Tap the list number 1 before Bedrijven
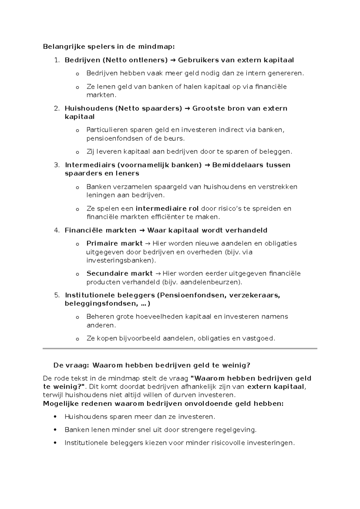[x=56, y=60]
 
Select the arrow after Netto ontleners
[x=173, y=60]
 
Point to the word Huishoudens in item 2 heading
[x=88, y=108]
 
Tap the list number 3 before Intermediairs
[x=56, y=165]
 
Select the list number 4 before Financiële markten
[x=56, y=230]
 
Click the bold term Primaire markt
[x=114, y=243]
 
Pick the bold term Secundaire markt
[x=119, y=274]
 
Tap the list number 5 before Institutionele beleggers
[x=56, y=295]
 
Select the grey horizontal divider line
[x=180, y=349]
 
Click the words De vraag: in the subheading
[x=71, y=366]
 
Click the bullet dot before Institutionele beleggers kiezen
[x=55, y=443]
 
